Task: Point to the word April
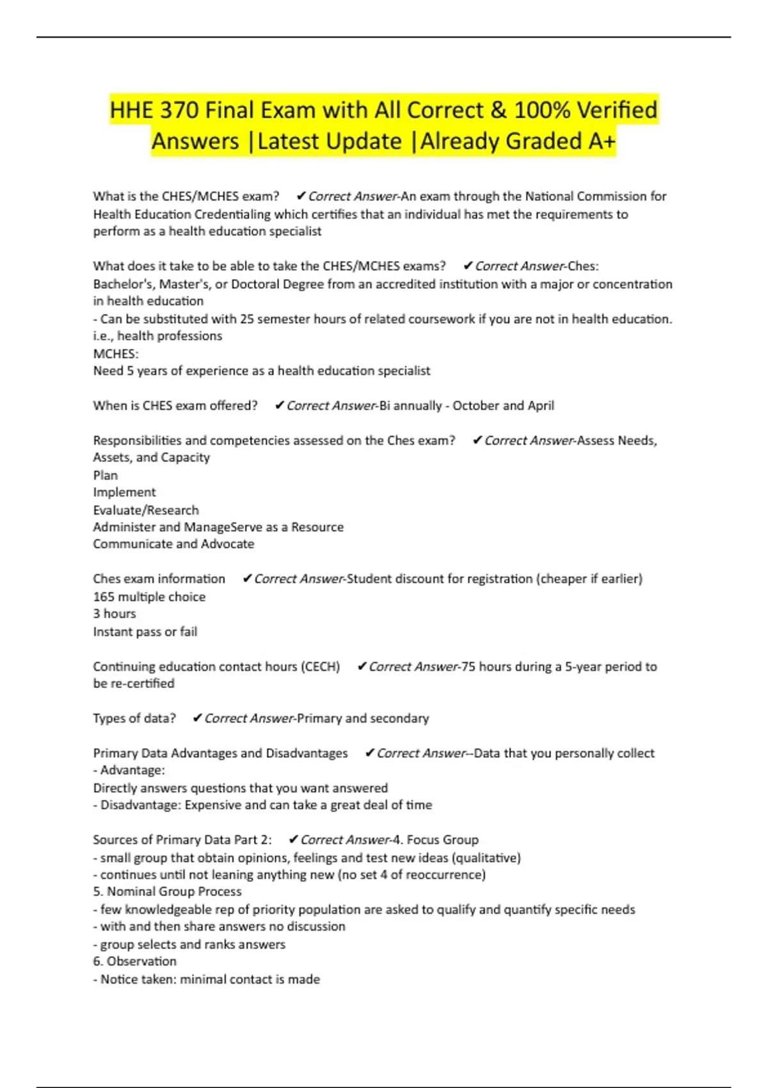pyautogui.click(x=541, y=406)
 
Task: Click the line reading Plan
pyautogui.click(x=106, y=476)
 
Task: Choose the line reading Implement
pyautogui.click(x=124, y=492)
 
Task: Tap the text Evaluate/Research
pyautogui.click(x=146, y=510)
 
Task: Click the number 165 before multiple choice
pyautogui.click(x=104, y=596)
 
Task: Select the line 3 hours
pyautogui.click(x=115, y=614)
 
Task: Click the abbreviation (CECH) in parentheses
pyautogui.click(x=320, y=667)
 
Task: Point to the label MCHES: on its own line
pyautogui.click(x=116, y=354)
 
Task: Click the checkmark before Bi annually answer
pyautogui.click(x=279, y=406)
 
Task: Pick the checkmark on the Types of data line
pyautogui.click(x=197, y=719)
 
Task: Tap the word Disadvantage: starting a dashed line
pyautogui.click(x=141, y=805)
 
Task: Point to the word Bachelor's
pyautogui.click(x=123, y=284)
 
